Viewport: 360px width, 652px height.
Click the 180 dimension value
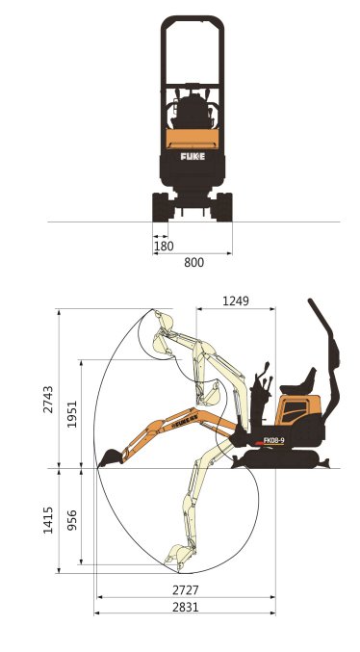pos(165,247)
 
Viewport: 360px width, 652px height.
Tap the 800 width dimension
pos(194,262)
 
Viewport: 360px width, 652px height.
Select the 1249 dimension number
pos(235,301)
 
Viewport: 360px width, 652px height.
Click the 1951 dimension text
pos(70,415)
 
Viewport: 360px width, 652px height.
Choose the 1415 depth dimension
pos(48,521)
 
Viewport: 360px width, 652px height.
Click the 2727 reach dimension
pos(186,589)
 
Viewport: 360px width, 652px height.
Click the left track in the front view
pos(160,207)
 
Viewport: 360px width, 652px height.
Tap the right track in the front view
pos(224,207)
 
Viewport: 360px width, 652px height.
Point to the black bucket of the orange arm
pos(110,456)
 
